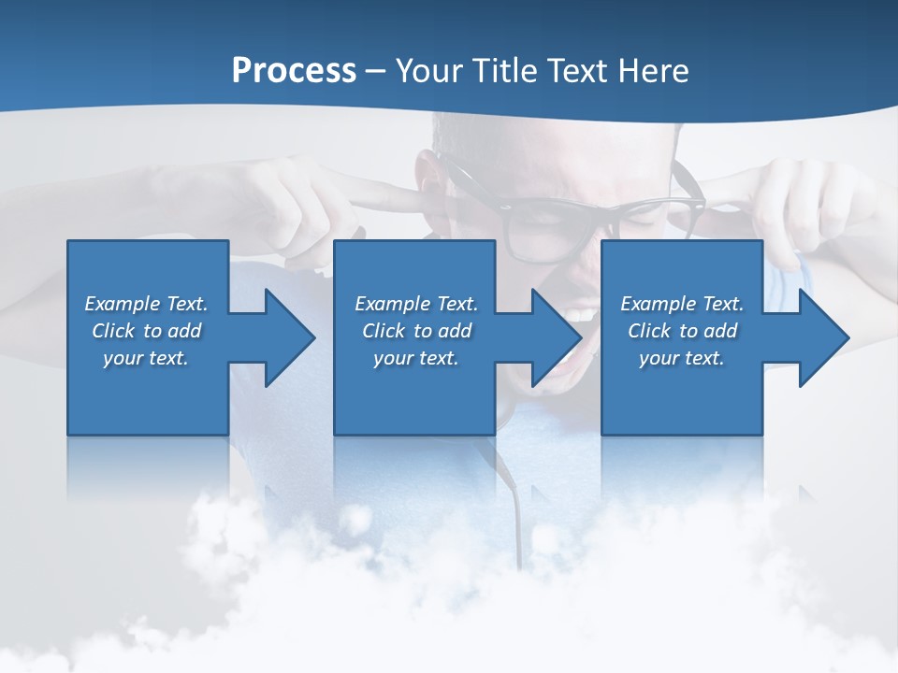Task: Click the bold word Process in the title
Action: tap(294, 71)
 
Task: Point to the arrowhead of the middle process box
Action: tap(555, 337)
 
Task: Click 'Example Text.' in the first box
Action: tap(146, 304)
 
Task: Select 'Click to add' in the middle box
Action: tap(416, 331)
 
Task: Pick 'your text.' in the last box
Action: tap(682, 358)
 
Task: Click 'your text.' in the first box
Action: tap(146, 358)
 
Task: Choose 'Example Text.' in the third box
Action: tap(682, 304)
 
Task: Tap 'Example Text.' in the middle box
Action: tap(416, 304)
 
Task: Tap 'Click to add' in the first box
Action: tap(146, 331)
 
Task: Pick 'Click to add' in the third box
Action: tap(682, 331)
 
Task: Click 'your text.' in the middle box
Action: tap(416, 358)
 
